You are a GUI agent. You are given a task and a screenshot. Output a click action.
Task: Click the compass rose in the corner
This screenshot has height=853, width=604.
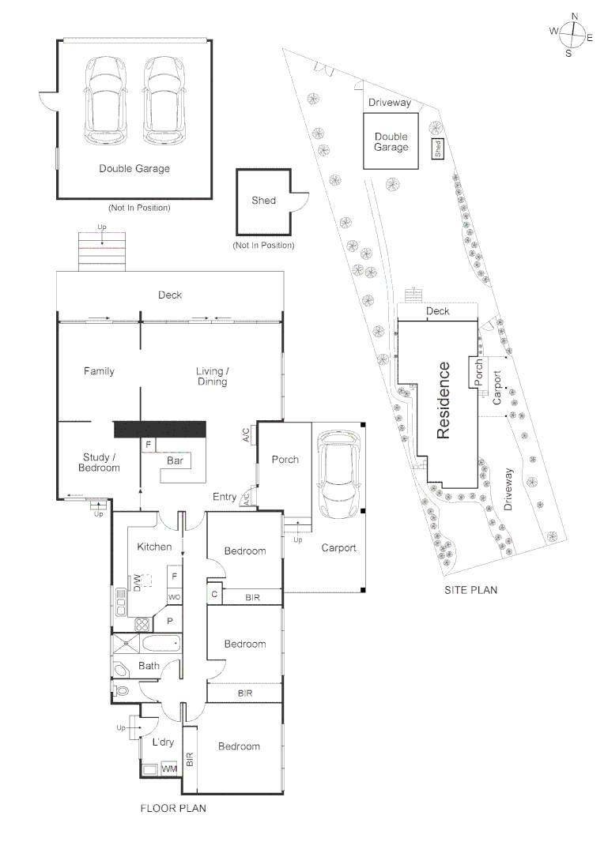pos(573,34)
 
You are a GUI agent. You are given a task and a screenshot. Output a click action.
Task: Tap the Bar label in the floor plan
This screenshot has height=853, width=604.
pos(175,460)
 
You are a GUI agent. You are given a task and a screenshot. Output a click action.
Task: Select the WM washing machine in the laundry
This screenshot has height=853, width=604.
pos(168,768)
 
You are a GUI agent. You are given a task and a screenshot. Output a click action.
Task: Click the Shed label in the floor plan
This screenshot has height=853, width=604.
pos(263,201)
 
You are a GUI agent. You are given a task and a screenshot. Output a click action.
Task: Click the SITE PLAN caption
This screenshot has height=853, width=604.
pos(471,589)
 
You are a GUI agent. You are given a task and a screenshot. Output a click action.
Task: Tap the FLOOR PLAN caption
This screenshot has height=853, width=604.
pos(173,808)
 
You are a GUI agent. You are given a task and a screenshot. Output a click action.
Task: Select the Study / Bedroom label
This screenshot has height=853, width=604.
pos(99,462)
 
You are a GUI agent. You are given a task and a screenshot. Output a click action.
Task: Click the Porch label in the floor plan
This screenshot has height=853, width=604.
pos(285,459)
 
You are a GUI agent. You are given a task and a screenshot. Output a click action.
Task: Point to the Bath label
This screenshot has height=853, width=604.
pos(149,666)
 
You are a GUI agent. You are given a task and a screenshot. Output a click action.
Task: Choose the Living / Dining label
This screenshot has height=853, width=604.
pos(212,376)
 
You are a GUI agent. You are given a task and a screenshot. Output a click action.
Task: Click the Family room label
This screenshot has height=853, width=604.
pos(99,371)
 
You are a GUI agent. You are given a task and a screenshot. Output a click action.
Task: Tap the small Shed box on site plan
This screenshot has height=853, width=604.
pos(437,148)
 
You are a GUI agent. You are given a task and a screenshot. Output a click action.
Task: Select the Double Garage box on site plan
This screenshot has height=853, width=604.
pos(391,141)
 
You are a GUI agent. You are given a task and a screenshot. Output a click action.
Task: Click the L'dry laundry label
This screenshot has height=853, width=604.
pos(163,742)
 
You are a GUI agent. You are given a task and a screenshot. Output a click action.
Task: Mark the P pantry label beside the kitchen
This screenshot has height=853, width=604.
pos(169,621)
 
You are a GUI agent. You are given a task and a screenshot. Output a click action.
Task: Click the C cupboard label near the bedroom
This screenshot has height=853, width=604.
pos(213,593)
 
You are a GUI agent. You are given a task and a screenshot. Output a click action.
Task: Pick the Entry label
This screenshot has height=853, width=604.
pos(225,497)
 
